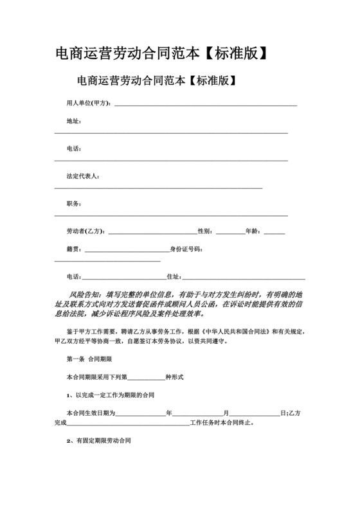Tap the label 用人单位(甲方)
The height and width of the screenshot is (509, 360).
coord(89,103)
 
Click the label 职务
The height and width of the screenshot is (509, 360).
coord(73,204)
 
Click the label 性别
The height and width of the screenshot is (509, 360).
coord(205,231)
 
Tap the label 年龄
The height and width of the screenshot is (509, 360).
coord(253,231)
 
